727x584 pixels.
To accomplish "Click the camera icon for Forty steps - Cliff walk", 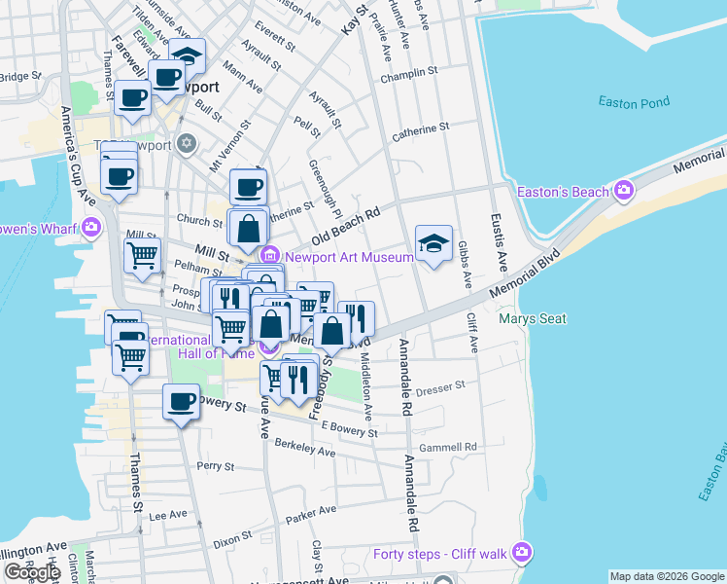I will (x=524, y=553).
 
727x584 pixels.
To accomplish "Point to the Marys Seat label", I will (x=526, y=318).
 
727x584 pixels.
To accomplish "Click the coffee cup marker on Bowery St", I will (x=181, y=402).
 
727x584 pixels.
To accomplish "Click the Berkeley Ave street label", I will (x=305, y=448).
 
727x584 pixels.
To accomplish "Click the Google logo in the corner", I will (x=31, y=572).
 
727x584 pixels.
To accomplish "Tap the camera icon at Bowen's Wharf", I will (x=91, y=229).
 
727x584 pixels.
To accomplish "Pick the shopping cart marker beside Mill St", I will (x=142, y=256).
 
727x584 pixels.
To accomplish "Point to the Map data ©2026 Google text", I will (x=667, y=576).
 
